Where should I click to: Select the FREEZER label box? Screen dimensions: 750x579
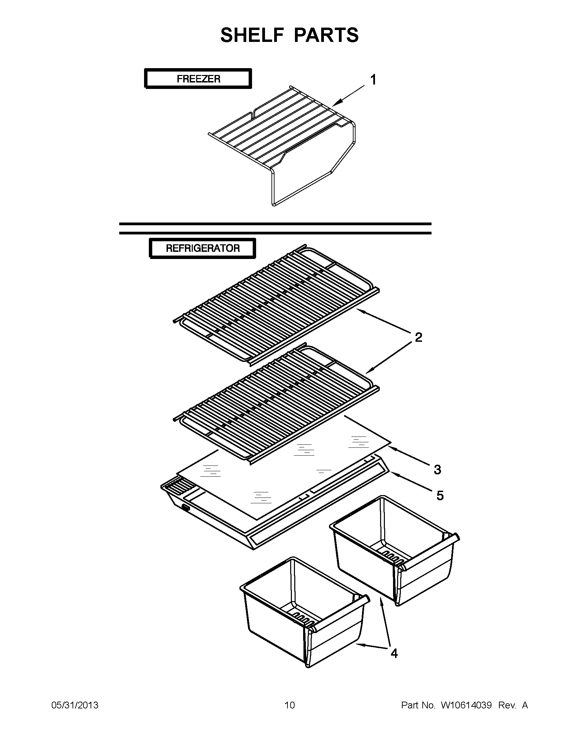pyautogui.click(x=198, y=79)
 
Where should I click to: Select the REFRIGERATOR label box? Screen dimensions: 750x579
pyautogui.click(x=203, y=248)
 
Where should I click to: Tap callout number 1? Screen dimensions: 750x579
pyautogui.click(x=373, y=80)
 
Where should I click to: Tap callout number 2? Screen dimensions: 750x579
pyautogui.click(x=418, y=337)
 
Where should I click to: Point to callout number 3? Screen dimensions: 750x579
pyautogui.click(x=437, y=469)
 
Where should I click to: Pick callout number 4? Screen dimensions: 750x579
pyautogui.click(x=394, y=653)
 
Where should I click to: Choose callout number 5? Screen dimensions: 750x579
pyautogui.click(x=440, y=495)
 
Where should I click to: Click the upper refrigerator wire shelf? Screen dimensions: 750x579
pyautogui.click(x=275, y=302)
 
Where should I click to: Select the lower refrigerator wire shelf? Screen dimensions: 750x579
pyautogui.click(x=275, y=402)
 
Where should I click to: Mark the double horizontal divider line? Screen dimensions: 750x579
pyautogui.click(x=275, y=228)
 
